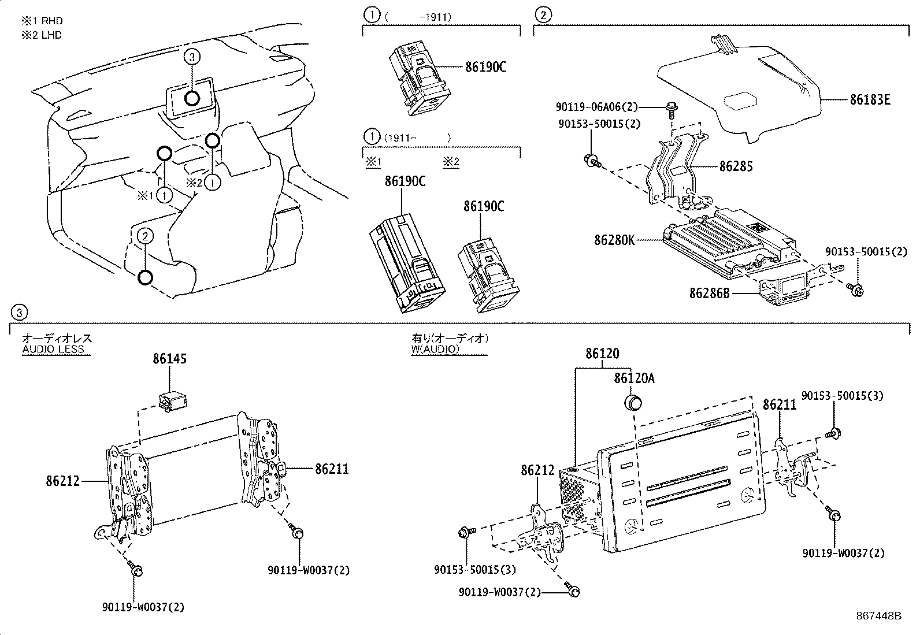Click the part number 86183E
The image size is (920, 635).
pos(869,100)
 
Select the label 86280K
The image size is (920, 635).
pos(614,239)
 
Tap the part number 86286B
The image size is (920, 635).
pos(710,294)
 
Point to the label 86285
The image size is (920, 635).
pos(736,166)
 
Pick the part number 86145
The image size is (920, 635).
pos(169,359)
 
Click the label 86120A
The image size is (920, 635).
pos(634,378)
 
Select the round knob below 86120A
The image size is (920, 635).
pos(635,402)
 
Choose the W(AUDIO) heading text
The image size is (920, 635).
pos(435,349)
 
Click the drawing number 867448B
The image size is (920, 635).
pos(878,615)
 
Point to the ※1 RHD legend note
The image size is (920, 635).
pos(42,21)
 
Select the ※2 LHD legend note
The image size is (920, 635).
pos(42,35)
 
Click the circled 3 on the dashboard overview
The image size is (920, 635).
pos(192,57)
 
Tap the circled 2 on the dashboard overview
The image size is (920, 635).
pos(145,236)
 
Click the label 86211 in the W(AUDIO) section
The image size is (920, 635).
pos(780,404)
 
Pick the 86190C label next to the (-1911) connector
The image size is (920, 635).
pos(485,67)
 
